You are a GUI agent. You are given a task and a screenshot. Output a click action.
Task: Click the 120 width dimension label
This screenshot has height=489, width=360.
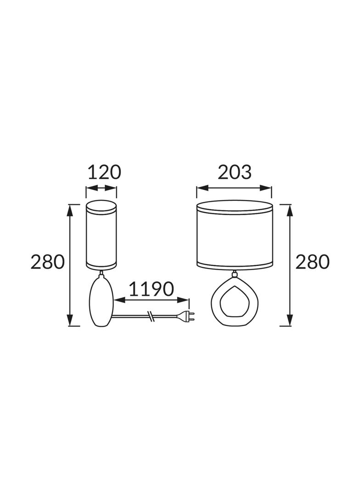104,172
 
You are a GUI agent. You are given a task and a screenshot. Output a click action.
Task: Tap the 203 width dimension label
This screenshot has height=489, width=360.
235,172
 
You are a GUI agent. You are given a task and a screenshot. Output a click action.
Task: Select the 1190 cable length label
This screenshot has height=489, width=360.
151,289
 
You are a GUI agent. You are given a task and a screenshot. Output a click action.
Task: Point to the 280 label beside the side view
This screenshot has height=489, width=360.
48,261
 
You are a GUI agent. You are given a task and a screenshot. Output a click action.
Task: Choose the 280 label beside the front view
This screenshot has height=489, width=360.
312,261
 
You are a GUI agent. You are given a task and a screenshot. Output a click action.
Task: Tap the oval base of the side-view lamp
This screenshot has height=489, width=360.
101,302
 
